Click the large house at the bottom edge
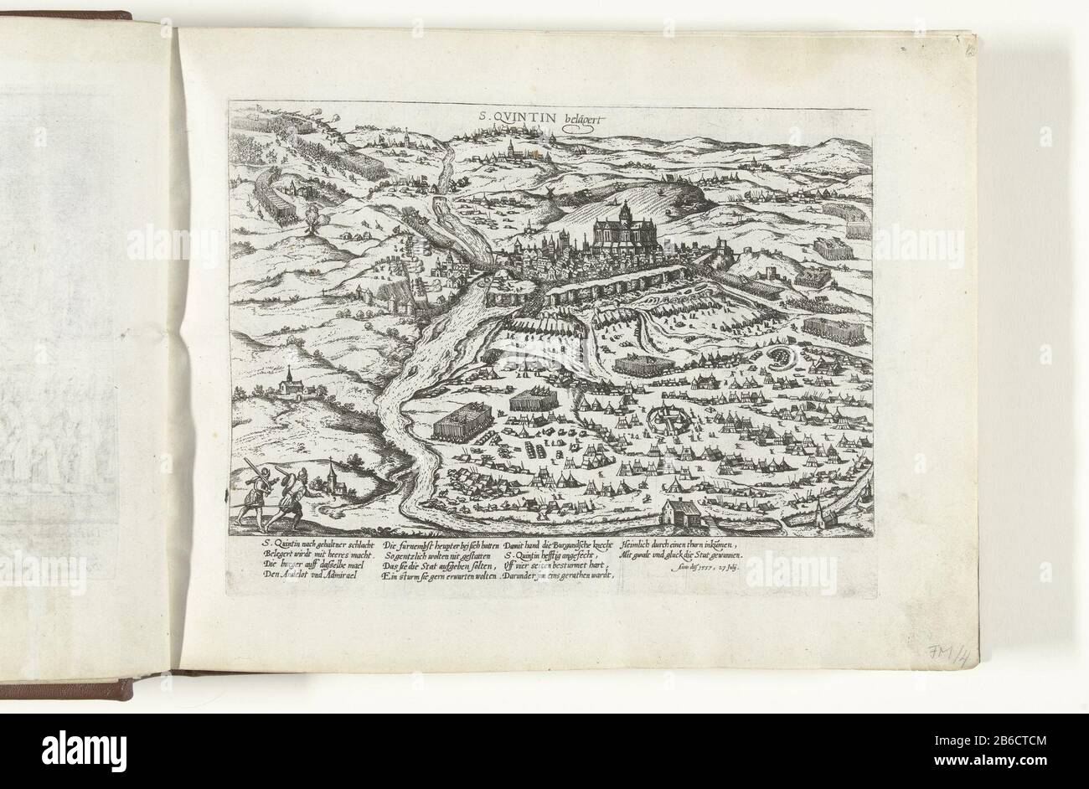pos(685,513)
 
